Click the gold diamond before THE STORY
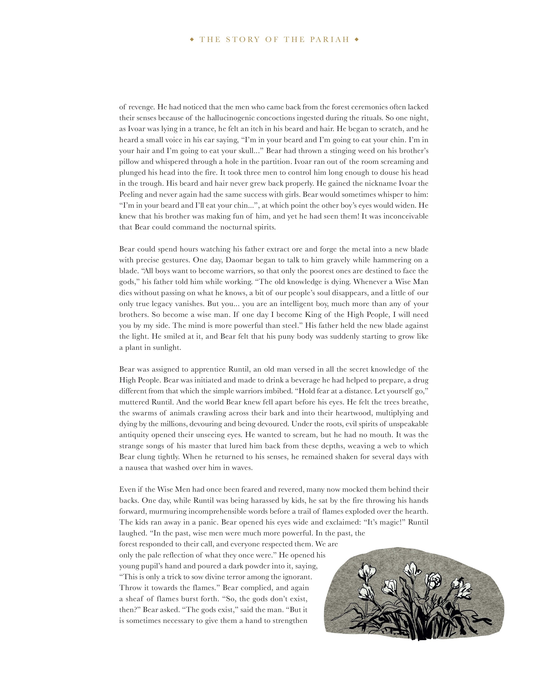pyautogui.click(x=192, y=40)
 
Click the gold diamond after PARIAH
pyautogui.click(x=357, y=40)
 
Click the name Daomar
pyautogui.click(x=240, y=260)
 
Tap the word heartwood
pyautogui.click(x=354, y=413)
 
